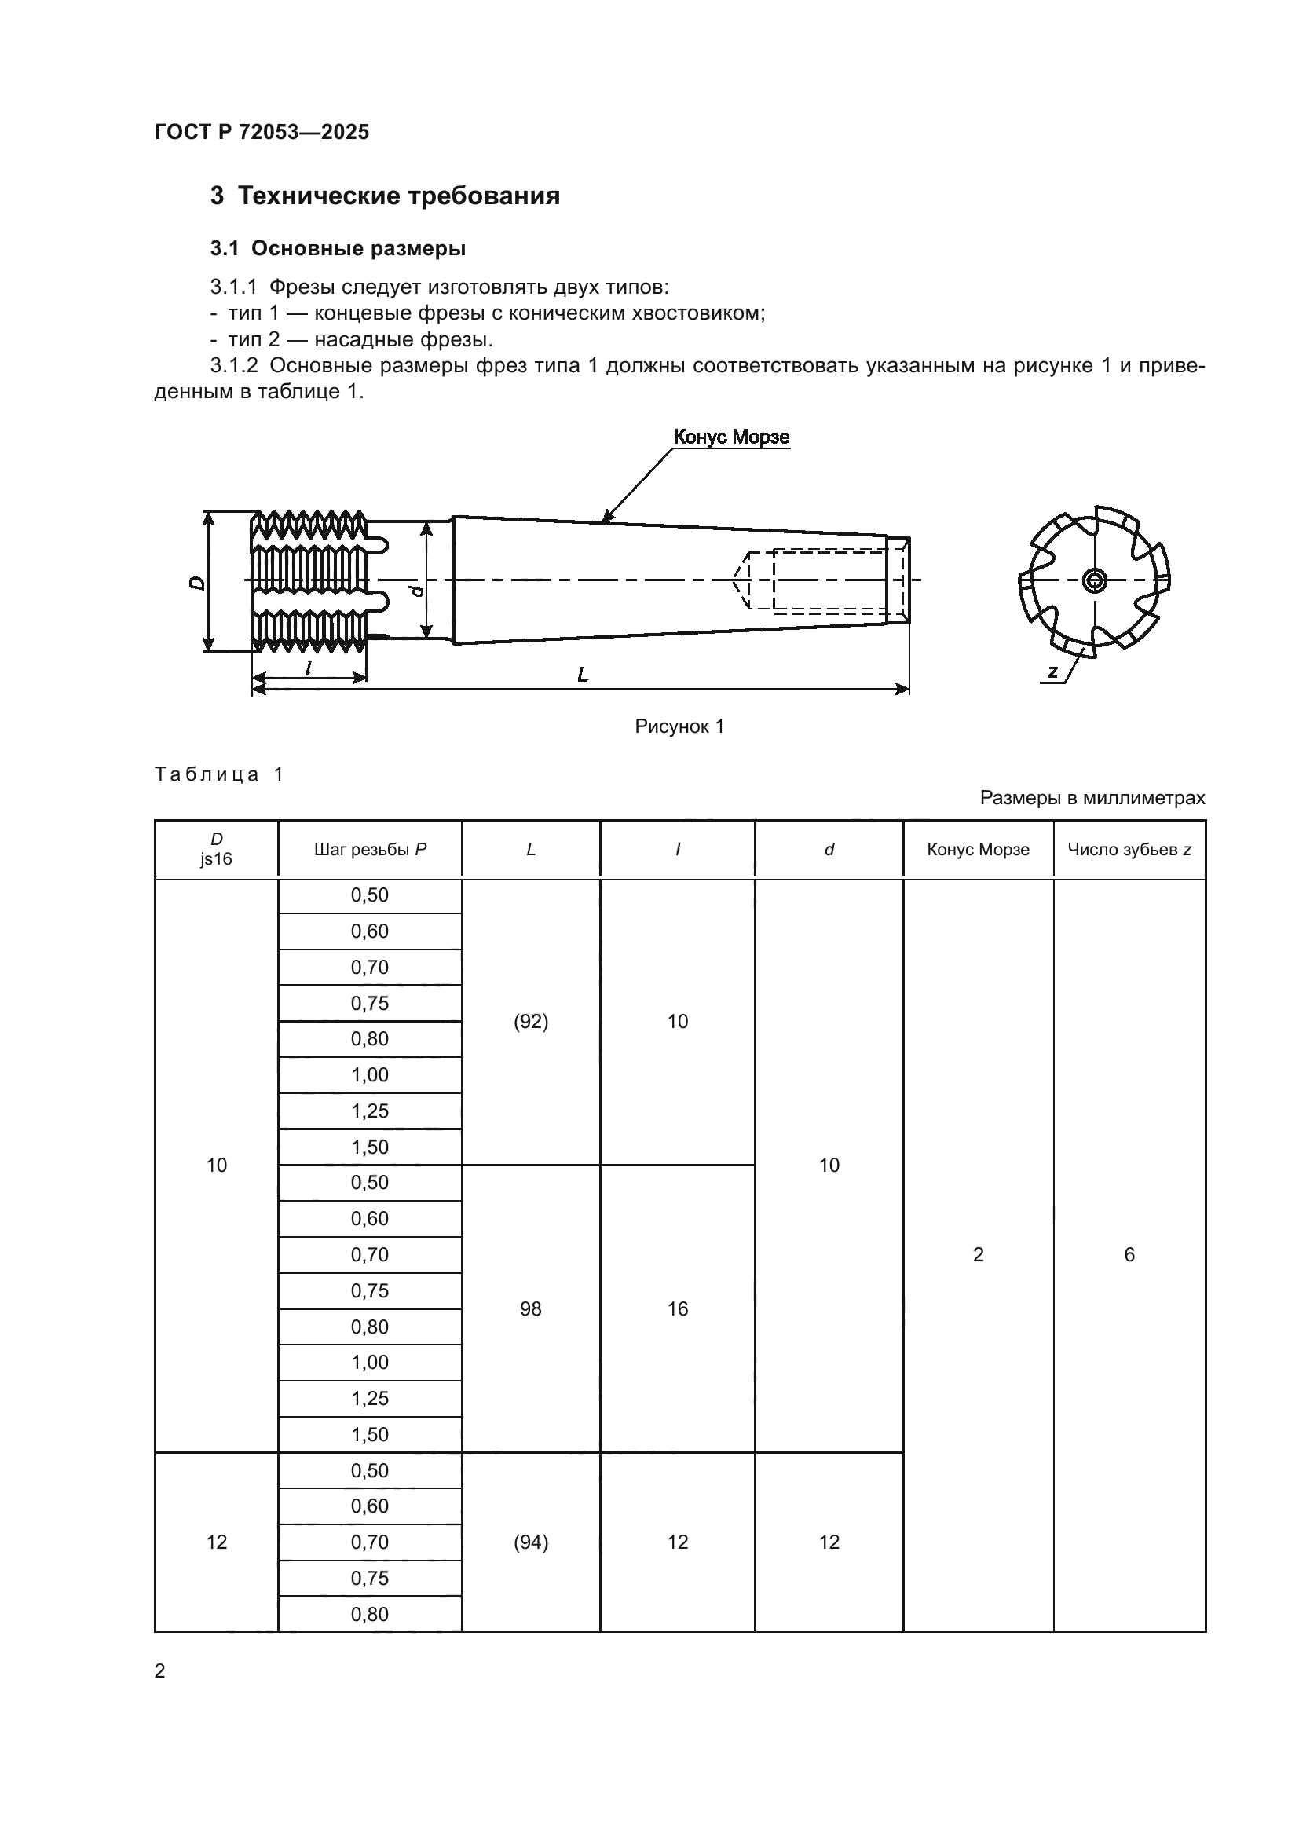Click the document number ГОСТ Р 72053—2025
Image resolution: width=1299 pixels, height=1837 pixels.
262,132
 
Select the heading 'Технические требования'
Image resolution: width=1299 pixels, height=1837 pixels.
398,196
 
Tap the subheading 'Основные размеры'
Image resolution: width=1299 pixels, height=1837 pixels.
358,249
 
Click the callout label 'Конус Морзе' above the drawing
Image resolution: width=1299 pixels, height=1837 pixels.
731,437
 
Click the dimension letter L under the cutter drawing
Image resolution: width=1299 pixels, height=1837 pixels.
582,675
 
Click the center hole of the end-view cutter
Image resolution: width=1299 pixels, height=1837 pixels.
1093,581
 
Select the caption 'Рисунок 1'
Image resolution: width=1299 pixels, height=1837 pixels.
679,726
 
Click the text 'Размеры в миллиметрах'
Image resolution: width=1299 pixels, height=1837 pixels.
1092,798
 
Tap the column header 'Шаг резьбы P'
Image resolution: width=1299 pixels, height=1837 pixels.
370,850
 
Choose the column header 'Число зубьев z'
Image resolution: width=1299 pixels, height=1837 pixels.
1129,850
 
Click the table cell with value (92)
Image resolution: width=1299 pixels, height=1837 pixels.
530,1022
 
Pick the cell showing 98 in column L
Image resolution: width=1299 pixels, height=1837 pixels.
530,1309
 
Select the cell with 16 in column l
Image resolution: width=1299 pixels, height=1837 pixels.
678,1309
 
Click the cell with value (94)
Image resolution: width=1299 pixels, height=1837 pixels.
530,1542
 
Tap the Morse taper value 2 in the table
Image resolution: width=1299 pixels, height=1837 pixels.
978,1254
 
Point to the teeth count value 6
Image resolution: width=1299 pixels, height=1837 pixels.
1129,1254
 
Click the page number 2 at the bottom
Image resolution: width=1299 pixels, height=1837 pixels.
160,1670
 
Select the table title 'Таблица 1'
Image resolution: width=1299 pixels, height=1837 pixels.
219,774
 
